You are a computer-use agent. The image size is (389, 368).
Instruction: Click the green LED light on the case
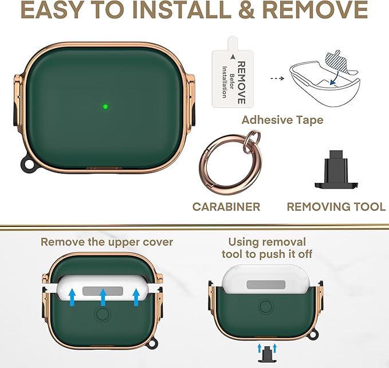[105, 107]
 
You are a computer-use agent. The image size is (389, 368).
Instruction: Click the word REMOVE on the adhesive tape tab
[241, 83]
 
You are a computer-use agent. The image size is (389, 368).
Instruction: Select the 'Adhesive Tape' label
[282, 120]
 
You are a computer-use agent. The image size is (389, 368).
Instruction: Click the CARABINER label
[226, 207]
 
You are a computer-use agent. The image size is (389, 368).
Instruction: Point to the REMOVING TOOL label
[336, 207]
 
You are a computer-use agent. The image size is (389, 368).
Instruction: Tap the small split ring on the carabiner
[252, 141]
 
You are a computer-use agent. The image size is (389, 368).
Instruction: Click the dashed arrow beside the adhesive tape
[277, 79]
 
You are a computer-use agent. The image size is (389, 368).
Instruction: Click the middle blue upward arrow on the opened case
[103, 297]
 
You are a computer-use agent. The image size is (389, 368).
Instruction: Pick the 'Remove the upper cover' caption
[107, 242]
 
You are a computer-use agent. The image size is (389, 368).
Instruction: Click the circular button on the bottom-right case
[266, 307]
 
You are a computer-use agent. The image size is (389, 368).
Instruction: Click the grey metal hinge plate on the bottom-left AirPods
[103, 291]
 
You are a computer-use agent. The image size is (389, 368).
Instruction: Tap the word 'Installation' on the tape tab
[225, 82]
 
